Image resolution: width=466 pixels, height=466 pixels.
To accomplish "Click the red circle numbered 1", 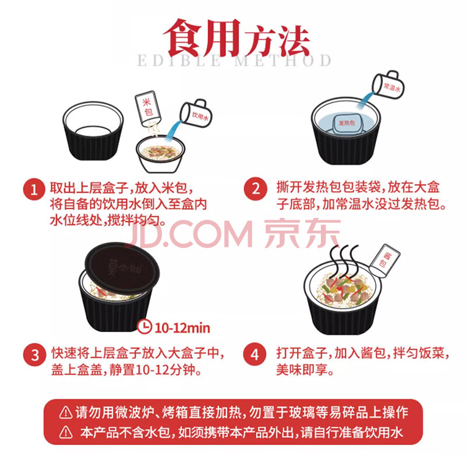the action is [x=34, y=189].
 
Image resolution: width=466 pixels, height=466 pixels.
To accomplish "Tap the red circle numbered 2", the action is [x=255, y=189].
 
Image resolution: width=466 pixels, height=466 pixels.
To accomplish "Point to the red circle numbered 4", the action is [x=255, y=355].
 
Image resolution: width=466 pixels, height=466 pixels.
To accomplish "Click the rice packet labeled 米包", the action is [x=148, y=108].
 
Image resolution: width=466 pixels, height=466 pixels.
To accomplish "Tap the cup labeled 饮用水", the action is [x=196, y=113].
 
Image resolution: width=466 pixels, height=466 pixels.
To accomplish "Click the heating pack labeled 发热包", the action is [x=347, y=122].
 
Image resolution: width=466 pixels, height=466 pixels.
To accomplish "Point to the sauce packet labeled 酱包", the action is [x=384, y=260].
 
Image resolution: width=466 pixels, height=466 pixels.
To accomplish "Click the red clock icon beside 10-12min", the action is [x=144, y=327].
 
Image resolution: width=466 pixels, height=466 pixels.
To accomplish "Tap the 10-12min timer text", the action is [x=182, y=328].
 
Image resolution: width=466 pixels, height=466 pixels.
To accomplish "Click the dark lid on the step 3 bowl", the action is [x=122, y=269].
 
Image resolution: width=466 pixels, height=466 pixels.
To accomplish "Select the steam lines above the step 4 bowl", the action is [x=345, y=260].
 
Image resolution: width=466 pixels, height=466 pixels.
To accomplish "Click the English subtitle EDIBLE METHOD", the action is [x=234, y=61].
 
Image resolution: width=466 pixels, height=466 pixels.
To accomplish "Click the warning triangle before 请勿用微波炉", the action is [x=66, y=412].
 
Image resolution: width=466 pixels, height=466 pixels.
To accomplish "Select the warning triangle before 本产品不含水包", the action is [x=66, y=432].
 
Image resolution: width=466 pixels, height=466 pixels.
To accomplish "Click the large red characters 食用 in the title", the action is [x=203, y=38].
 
